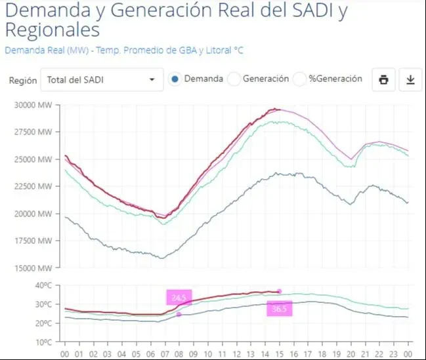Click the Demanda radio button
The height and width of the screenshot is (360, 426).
tap(174, 79)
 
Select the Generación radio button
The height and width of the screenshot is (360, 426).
tap(234, 79)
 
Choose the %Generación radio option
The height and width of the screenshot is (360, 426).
tap(300, 79)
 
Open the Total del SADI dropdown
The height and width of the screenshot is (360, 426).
tap(101, 80)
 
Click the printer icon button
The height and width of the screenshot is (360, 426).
tap(383, 80)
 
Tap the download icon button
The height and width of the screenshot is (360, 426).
tap(410, 80)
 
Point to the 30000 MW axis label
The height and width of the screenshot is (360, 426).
tap(35, 105)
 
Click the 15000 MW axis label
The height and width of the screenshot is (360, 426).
tap(35, 268)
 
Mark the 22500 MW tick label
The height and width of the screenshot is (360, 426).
tap(35, 186)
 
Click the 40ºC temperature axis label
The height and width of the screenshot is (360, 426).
tap(43, 286)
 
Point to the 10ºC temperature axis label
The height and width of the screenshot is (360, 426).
tap(43, 342)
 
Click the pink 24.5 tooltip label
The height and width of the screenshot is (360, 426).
tap(179, 298)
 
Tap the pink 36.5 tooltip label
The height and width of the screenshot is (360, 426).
tap(280, 309)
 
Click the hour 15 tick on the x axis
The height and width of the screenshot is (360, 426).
tap(280, 353)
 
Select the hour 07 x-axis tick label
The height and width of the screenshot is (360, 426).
tap(164, 353)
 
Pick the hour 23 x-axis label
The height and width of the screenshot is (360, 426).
tap(394, 353)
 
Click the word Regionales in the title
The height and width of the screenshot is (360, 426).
tap(53, 31)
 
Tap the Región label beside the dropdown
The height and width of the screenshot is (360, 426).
tap(23, 81)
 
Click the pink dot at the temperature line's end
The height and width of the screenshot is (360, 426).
tap(280, 291)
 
